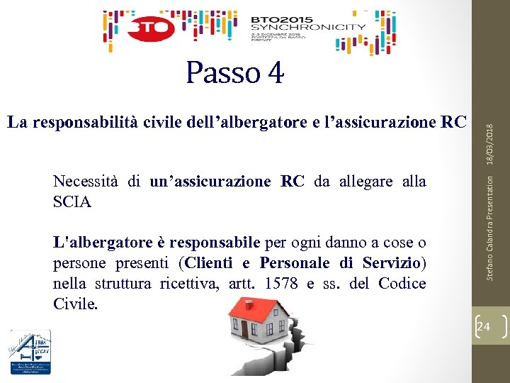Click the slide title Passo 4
click(x=234, y=72)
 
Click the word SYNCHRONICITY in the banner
click(x=308, y=27)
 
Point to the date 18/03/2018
click(x=490, y=123)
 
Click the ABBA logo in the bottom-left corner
click(x=30, y=353)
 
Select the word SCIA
click(x=72, y=202)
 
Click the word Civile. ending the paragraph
click(x=75, y=304)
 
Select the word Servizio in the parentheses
click(x=392, y=263)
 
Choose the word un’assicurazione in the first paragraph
click(x=210, y=182)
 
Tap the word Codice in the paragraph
click(x=402, y=284)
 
